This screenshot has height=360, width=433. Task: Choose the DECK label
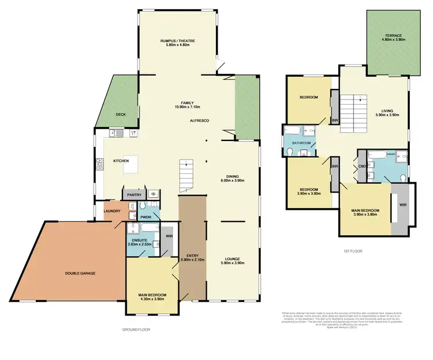[120, 114]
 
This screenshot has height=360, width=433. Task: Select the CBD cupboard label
[362, 166]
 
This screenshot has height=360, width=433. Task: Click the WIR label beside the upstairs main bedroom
[402, 204]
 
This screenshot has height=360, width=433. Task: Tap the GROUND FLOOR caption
[136, 329]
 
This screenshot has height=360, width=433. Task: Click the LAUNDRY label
[112, 211]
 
